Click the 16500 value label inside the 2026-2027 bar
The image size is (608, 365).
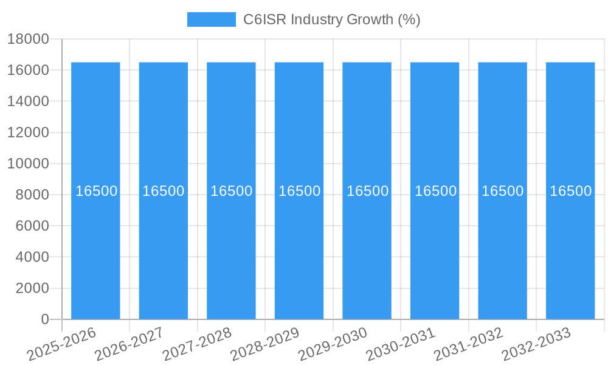[164, 191]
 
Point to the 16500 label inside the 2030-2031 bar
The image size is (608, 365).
[435, 191]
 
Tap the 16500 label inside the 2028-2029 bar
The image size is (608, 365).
[299, 191]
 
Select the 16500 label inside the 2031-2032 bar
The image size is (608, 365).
[503, 191]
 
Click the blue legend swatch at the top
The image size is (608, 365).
[211, 19]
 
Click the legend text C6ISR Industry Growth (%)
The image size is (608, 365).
[331, 19]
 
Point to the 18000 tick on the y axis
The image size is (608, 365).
[27, 39]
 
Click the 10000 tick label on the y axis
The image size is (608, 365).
[27, 164]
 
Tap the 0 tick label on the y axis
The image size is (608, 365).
[44, 319]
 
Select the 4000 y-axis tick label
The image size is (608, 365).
[32, 257]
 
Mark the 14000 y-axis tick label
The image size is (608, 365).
[27, 101]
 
